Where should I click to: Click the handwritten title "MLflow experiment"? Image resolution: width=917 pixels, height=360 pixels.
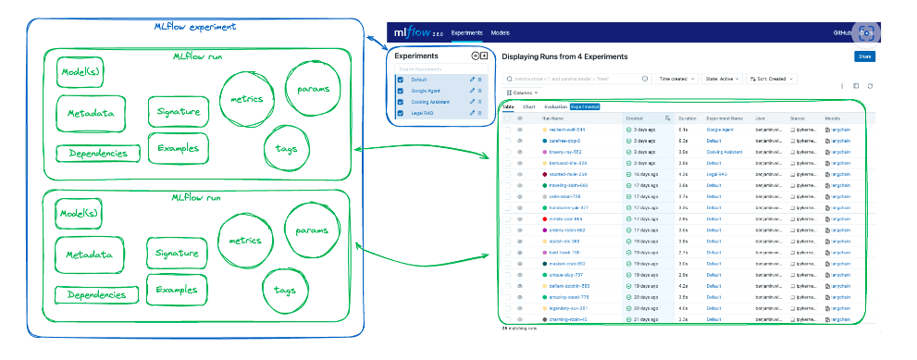(x=194, y=27)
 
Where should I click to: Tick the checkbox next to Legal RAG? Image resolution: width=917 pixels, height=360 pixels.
(x=400, y=112)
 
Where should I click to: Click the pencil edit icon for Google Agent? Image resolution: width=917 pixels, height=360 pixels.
(x=472, y=91)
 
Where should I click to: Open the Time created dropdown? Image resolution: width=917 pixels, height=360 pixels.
(x=676, y=80)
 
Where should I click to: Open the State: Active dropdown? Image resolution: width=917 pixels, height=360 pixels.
(x=722, y=80)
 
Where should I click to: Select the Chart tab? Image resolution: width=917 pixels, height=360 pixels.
(x=529, y=107)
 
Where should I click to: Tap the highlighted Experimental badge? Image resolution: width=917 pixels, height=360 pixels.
(x=584, y=107)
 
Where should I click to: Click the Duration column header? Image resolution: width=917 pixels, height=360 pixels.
(x=687, y=118)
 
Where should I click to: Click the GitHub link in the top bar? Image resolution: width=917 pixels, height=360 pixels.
(x=841, y=33)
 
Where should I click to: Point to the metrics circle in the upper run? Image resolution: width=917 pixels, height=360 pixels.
(x=246, y=99)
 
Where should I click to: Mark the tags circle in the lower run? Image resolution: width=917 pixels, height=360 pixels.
(x=285, y=290)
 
